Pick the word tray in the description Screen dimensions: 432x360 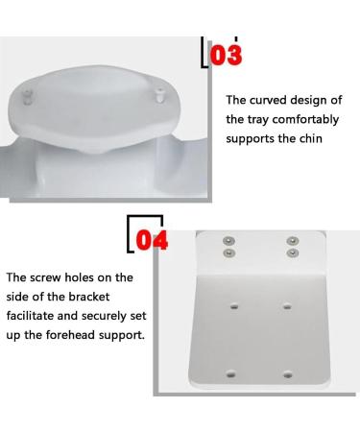click(260, 119)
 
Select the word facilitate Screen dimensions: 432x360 click(36, 317)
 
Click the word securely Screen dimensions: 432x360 click(108, 317)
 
